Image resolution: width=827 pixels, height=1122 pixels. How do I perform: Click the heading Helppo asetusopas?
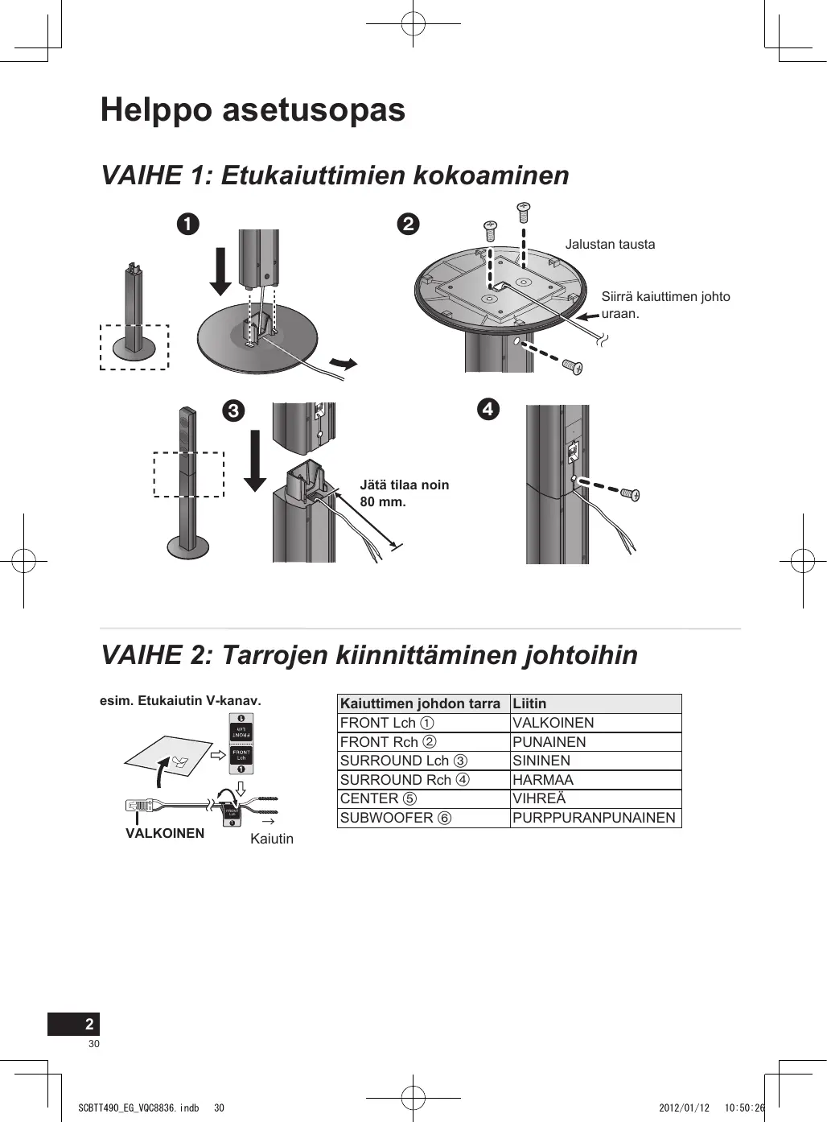point(253,110)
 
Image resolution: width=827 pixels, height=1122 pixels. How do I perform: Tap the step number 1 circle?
point(188,223)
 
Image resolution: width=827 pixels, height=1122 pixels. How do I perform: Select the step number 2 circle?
point(409,223)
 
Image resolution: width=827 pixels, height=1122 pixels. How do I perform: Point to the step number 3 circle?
point(232,410)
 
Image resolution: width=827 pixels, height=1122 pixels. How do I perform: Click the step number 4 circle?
point(488,409)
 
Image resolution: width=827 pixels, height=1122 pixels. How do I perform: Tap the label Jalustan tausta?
point(610,244)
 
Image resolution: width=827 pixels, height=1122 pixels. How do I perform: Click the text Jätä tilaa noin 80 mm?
point(404,493)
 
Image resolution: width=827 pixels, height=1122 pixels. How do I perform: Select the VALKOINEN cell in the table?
point(553,723)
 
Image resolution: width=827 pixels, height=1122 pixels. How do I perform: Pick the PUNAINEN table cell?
point(549,742)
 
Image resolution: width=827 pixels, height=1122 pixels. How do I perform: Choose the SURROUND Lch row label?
point(403,761)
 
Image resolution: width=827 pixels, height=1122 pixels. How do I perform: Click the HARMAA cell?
point(543,780)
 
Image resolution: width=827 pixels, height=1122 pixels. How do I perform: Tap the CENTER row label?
point(378,798)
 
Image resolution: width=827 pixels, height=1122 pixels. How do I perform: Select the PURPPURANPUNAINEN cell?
point(594,818)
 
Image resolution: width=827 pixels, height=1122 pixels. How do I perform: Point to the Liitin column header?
point(529,703)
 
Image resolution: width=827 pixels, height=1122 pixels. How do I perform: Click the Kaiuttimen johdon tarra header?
point(420,703)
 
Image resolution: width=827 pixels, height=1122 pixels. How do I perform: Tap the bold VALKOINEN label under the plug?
point(165,833)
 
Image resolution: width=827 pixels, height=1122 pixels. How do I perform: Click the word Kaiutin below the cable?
point(272,839)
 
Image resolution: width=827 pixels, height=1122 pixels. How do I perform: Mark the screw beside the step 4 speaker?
point(630,494)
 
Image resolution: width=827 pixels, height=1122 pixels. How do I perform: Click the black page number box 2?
point(74,1024)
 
